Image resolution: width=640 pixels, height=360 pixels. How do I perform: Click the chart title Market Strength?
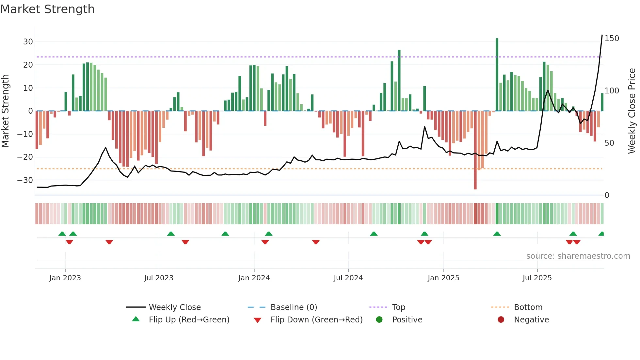pyautogui.click(x=47, y=9)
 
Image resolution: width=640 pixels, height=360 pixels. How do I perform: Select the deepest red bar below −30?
pyautogui.click(x=475, y=150)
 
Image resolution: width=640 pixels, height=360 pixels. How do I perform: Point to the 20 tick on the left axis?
pyautogui.click(x=28, y=65)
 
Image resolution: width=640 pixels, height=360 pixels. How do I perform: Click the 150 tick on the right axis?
pyautogui.click(x=612, y=39)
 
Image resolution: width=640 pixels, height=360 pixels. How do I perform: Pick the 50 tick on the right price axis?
pyautogui.click(x=609, y=143)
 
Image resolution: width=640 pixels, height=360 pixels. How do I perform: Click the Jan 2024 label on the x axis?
pyautogui.click(x=254, y=278)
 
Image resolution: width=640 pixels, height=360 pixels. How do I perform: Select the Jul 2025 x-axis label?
pyautogui.click(x=537, y=278)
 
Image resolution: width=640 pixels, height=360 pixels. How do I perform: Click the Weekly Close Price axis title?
pyautogui.click(x=632, y=111)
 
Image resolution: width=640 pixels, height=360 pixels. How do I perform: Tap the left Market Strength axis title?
pyautogui.click(x=5, y=111)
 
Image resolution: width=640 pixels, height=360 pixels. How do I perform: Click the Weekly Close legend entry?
pyautogui.click(x=174, y=307)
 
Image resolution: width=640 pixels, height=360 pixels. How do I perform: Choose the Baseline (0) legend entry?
pyautogui.click(x=294, y=307)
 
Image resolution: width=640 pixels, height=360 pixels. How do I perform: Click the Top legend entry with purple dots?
pyautogui.click(x=398, y=307)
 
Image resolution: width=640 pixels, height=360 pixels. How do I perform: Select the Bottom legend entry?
pyautogui.click(x=528, y=307)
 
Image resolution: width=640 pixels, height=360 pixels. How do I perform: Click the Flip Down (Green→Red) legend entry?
pyautogui.click(x=316, y=320)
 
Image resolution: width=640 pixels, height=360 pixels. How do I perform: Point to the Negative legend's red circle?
pyautogui.click(x=501, y=320)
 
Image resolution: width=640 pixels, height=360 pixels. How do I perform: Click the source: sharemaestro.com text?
pyautogui.click(x=578, y=256)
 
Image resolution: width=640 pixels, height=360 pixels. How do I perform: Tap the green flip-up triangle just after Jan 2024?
pyautogui.click(x=269, y=234)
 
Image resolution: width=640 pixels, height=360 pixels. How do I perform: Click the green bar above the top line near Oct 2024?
pyautogui.click(x=399, y=80)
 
